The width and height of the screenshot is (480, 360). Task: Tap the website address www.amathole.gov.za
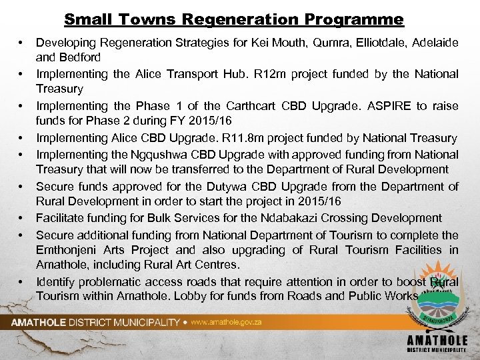tap(226, 323)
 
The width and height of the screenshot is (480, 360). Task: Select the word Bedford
tap(84, 58)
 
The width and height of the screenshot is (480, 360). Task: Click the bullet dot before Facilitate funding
tap(22, 219)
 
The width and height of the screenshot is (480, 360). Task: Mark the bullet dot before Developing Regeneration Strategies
tap(22, 43)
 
